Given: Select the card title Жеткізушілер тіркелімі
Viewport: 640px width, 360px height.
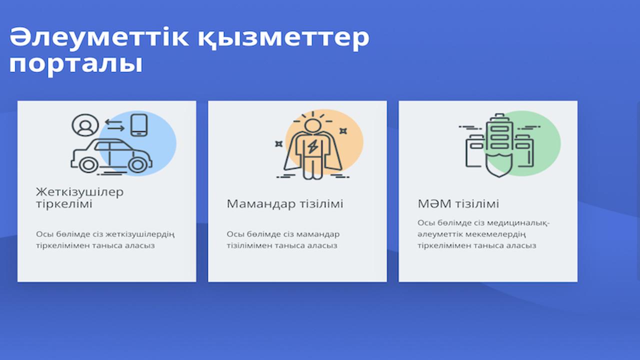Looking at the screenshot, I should click(79, 198).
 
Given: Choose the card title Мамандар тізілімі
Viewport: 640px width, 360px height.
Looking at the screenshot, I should click(284, 204).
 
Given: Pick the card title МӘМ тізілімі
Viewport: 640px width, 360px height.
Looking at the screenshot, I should click(458, 204).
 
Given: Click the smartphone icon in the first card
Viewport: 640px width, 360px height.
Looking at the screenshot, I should click(139, 125).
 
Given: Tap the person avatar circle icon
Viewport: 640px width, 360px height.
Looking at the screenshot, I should click(85, 125).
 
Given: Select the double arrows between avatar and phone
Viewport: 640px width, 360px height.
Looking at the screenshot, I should click(114, 125).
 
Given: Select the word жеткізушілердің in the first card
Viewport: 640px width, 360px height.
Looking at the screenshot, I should click(145, 234).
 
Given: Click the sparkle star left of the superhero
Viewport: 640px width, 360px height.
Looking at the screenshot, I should click(279, 144).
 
